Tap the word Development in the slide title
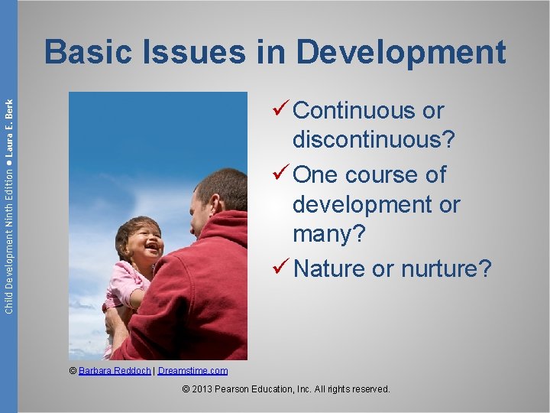(x=400, y=53)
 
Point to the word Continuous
(x=355, y=111)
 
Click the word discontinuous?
(x=374, y=141)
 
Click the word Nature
(x=328, y=268)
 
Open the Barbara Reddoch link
(x=115, y=371)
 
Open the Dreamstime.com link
(x=192, y=371)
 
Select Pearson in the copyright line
(x=244, y=389)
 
